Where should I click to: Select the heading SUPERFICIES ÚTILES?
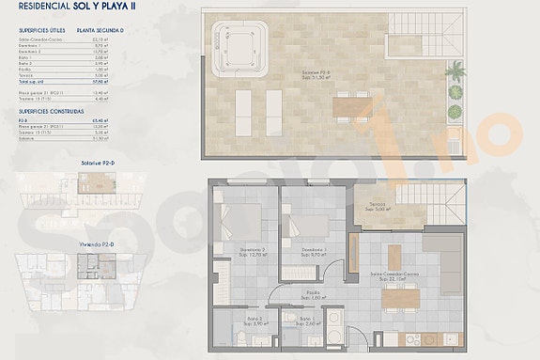point(42,30)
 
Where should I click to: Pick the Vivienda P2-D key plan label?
point(97,244)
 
